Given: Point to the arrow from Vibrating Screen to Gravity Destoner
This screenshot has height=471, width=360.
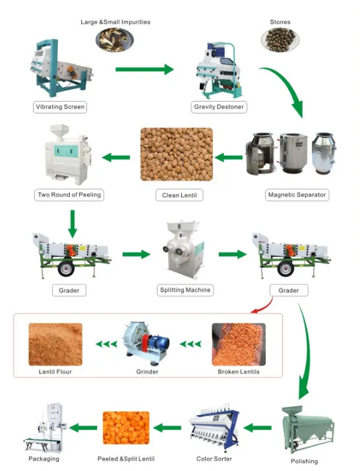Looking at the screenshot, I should (x=144, y=69).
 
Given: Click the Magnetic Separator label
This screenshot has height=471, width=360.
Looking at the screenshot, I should (x=297, y=195).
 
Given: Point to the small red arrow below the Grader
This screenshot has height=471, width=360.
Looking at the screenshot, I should (x=262, y=305).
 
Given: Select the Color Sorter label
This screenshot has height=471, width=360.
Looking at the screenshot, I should (x=213, y=458).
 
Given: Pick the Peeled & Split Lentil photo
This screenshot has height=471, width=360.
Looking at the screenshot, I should (x=125, y=427).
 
